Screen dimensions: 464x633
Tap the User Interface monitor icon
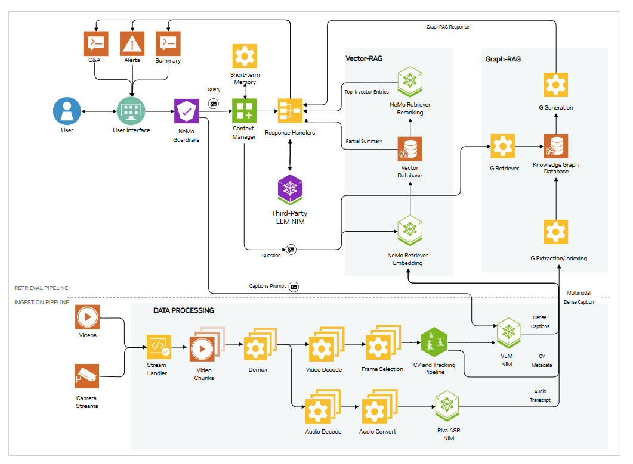(131, 111)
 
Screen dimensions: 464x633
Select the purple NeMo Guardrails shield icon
(187, 111)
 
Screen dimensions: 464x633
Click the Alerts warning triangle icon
(131, 43)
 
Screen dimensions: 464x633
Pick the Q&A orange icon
(95, 43)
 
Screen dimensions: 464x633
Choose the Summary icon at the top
(168, 43)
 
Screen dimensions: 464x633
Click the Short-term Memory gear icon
(244, 57)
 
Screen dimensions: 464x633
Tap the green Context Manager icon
(244, 111)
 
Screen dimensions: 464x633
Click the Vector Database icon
(410, 149)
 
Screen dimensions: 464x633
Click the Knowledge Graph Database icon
(555, 146)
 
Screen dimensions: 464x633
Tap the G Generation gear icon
(555, 84)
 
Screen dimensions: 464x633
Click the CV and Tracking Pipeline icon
(434, 342)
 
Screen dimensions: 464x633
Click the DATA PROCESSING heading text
(183, 310)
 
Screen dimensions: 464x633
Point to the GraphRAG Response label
(447, 27)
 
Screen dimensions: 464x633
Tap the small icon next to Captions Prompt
(294, 287)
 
